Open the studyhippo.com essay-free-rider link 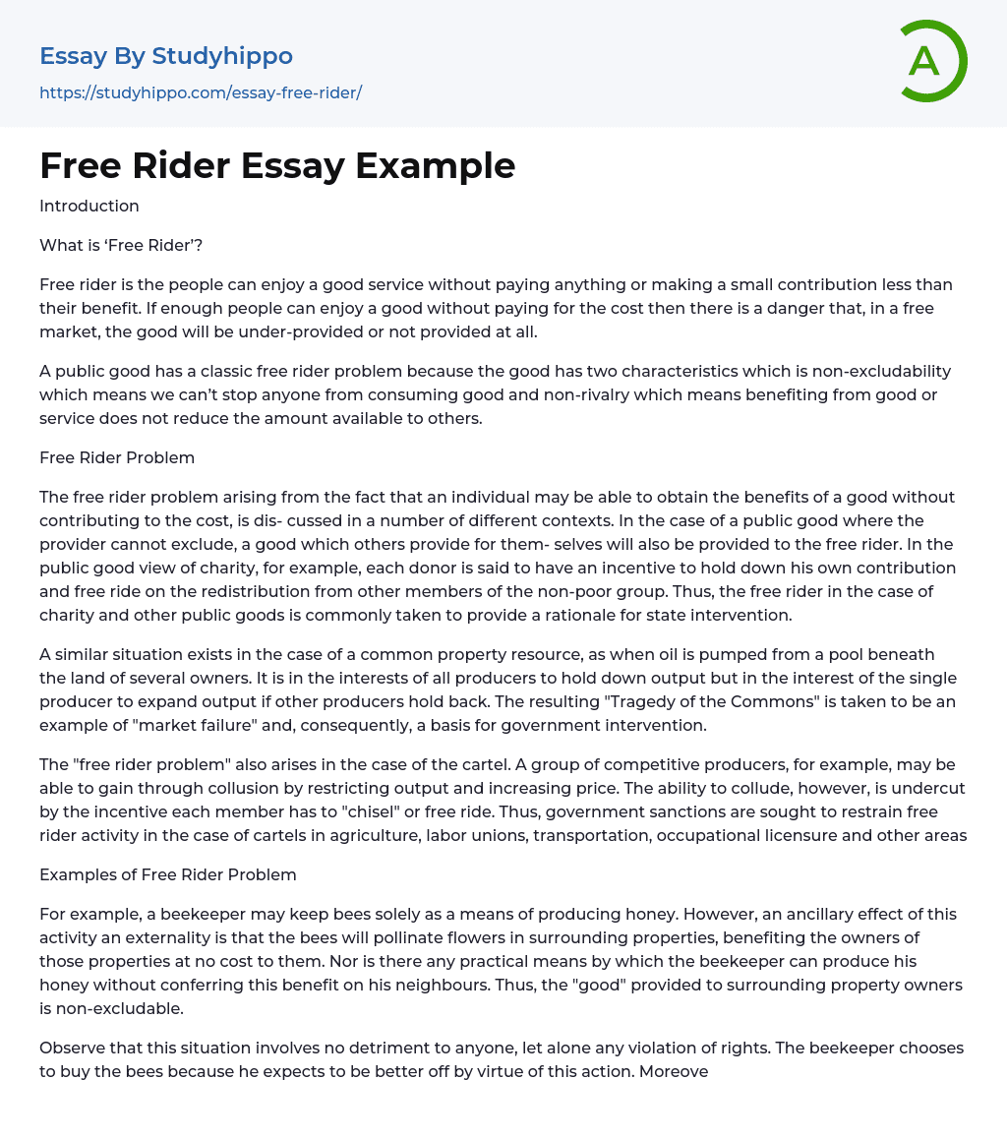click(201, 92)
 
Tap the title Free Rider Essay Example click(277, 165)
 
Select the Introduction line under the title click(89, 206)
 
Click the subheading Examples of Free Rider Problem click(168, 874)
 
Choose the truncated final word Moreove click(674, 1071)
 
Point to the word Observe click(72, 1048)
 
